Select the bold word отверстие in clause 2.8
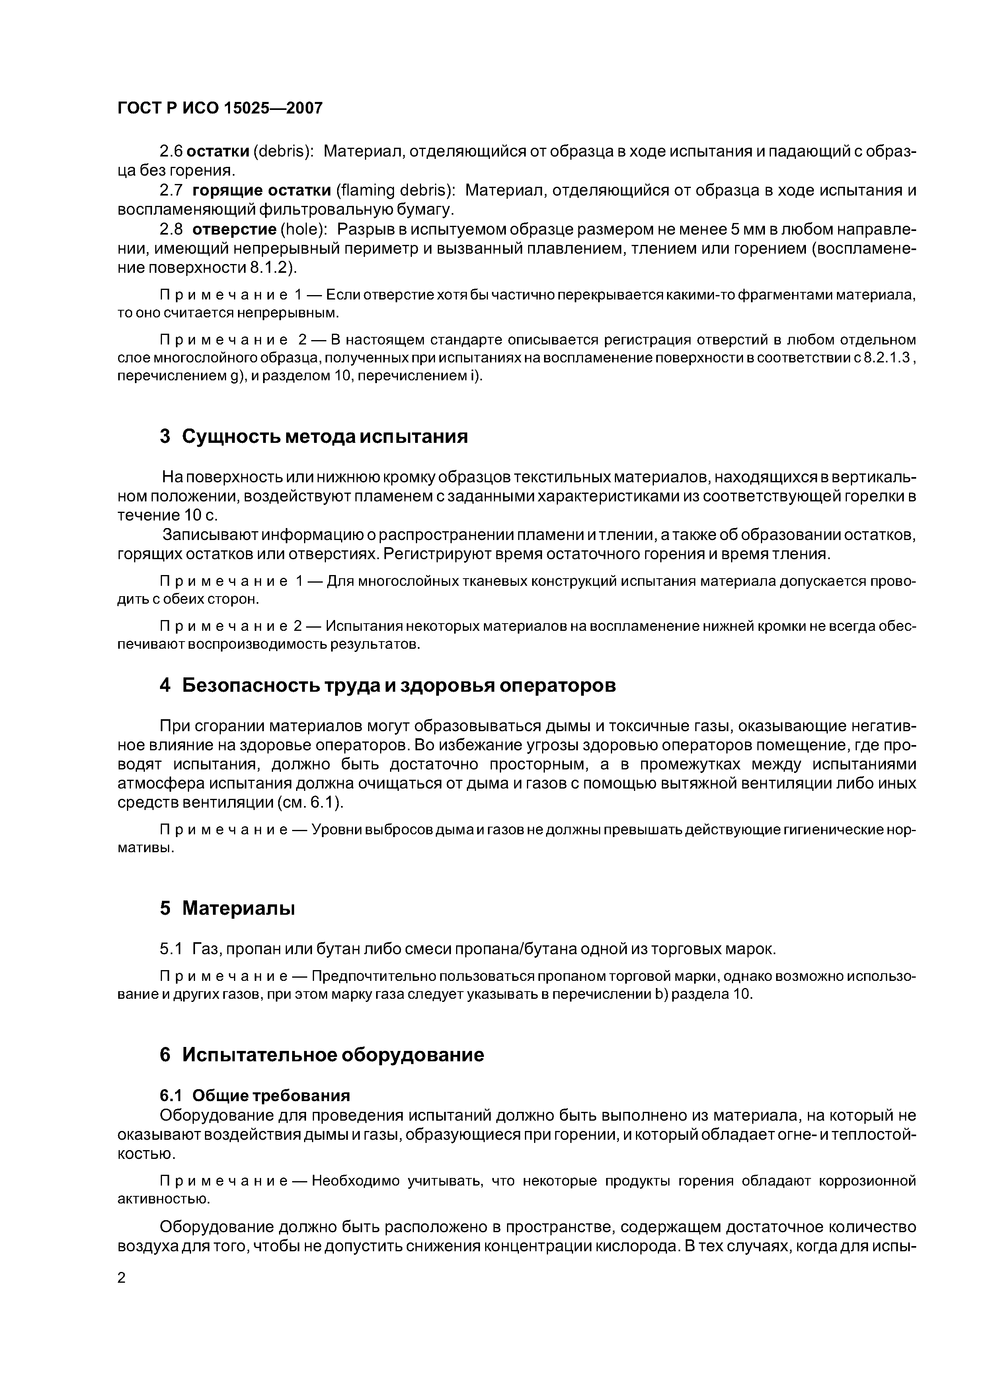tap(226, 229)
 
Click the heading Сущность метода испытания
tap(325, 436)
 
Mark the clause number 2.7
tap(171, 190)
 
